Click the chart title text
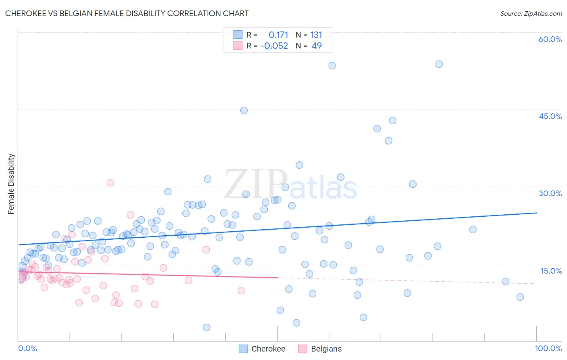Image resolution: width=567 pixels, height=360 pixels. (127, 13)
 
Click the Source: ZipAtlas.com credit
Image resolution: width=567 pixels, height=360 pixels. (531, 13)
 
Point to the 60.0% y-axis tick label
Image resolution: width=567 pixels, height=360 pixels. (550, 39)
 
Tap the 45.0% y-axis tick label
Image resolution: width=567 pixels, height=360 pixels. (550, 116)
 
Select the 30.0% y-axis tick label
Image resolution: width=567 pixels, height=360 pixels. (550, 193)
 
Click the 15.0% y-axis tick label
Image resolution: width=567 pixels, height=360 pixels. (551, 271)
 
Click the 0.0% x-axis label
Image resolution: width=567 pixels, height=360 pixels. (27, 348)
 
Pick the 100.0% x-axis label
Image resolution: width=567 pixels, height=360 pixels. (548, 348)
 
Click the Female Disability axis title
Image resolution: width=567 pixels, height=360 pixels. (11, 184)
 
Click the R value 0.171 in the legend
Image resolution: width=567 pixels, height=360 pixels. (278, 35)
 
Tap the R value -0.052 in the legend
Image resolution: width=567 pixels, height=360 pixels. (274, 46)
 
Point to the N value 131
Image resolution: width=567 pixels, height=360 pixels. (316, 35)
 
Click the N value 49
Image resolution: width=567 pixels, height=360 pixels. (317, 46)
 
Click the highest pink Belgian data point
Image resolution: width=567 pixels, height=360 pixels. (110, 182)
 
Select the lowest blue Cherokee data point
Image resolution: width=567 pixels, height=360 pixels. (206, 327)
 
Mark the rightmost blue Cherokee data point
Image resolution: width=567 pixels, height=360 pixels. (520, 297)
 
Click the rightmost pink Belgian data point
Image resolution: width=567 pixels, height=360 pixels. (241, 291)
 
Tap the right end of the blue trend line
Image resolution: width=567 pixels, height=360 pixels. (536, 213)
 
